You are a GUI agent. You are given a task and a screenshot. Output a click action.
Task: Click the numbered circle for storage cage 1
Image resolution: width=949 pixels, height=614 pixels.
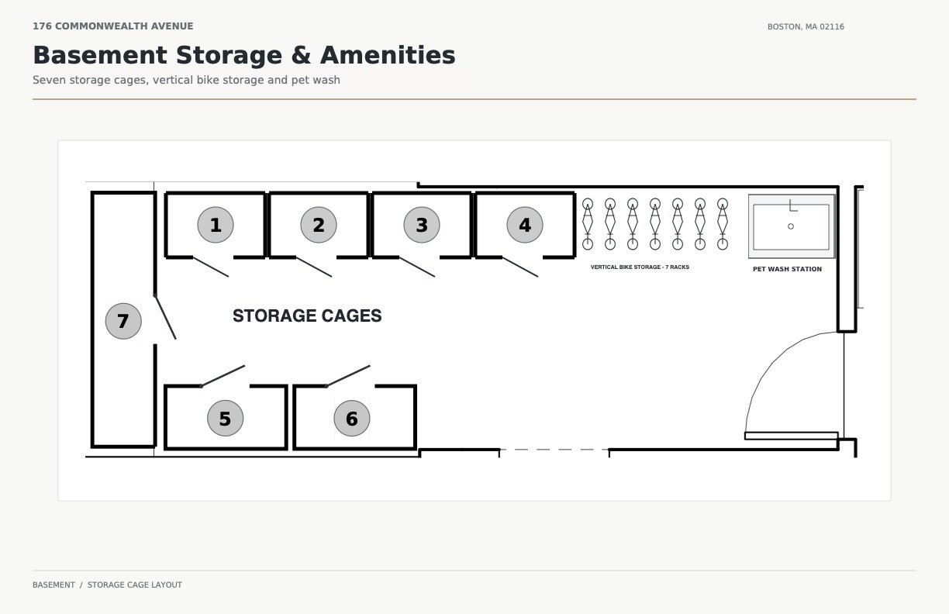216,225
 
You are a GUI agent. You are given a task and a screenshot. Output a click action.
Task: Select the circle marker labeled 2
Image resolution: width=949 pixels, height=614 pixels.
319,225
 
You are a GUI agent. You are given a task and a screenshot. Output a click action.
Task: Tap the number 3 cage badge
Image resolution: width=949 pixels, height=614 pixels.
422,225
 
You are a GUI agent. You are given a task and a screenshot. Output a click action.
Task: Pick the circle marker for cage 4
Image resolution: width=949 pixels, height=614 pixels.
525,225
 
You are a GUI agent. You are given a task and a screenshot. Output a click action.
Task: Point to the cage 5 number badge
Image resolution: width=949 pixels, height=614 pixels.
226,418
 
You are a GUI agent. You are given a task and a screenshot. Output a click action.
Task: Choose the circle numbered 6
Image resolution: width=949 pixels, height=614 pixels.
352,418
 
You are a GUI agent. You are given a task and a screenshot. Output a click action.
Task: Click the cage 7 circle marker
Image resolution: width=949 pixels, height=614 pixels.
123,321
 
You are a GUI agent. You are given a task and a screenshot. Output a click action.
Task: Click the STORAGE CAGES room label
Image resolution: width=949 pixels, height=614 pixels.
307,316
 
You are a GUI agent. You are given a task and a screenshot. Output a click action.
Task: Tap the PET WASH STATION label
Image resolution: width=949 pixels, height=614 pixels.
787,269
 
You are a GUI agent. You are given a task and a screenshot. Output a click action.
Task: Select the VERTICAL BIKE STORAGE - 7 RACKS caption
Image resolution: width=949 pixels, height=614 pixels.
640,267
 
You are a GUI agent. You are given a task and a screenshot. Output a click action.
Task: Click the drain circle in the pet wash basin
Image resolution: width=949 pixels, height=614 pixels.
791,226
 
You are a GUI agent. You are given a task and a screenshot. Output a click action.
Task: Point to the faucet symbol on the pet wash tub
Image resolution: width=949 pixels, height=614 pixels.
793,205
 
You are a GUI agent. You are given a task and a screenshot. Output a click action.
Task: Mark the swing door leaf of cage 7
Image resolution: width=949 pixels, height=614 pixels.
165,317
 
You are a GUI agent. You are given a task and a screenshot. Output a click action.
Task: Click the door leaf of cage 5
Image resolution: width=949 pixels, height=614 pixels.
223,376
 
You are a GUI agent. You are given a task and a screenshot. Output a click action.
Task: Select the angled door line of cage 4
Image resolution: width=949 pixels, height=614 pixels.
520,267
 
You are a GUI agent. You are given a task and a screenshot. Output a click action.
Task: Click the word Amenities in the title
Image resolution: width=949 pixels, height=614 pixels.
388,56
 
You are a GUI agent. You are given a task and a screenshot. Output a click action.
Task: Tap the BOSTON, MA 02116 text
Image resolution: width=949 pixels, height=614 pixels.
806,26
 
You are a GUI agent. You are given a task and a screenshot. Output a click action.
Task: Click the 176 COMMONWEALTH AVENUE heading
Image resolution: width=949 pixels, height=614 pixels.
112,26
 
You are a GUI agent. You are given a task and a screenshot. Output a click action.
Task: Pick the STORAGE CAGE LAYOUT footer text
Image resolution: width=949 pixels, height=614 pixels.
135,585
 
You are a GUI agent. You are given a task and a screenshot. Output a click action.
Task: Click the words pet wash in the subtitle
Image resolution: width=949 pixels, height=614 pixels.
316,80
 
